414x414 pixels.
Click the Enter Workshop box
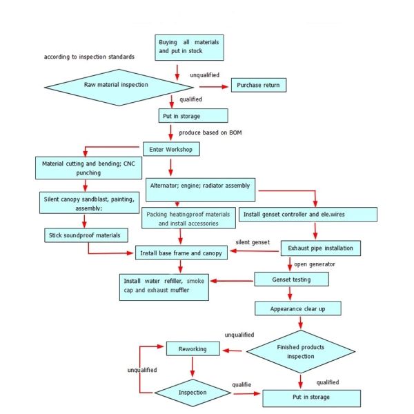170,148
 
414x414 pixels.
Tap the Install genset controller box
308,215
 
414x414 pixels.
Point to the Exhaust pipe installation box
320,247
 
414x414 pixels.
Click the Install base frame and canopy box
181,253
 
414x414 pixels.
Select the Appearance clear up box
298,308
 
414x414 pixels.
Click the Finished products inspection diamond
300,351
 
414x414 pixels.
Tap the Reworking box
193,348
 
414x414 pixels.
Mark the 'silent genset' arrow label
252,243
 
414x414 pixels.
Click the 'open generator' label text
314,264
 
